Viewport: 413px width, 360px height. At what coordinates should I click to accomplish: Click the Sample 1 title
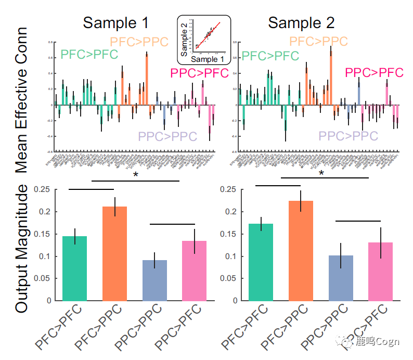[x=116, y=23]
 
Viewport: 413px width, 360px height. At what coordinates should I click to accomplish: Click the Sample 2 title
[x=301, y=23]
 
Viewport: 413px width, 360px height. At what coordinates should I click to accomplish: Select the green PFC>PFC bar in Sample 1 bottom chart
[x=74, y=268]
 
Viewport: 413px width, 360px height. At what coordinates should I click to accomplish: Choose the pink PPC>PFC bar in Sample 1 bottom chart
[x=194, y=271]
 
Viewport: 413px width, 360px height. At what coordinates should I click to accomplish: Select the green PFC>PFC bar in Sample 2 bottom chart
[x=262, y=262]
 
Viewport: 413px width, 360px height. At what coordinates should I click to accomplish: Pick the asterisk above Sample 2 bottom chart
[x=321, y=174]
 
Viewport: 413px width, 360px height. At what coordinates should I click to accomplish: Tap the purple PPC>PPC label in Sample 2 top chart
[x=349, y=136]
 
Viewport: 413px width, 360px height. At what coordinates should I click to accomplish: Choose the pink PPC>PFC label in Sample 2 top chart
[x=375, y=72]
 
